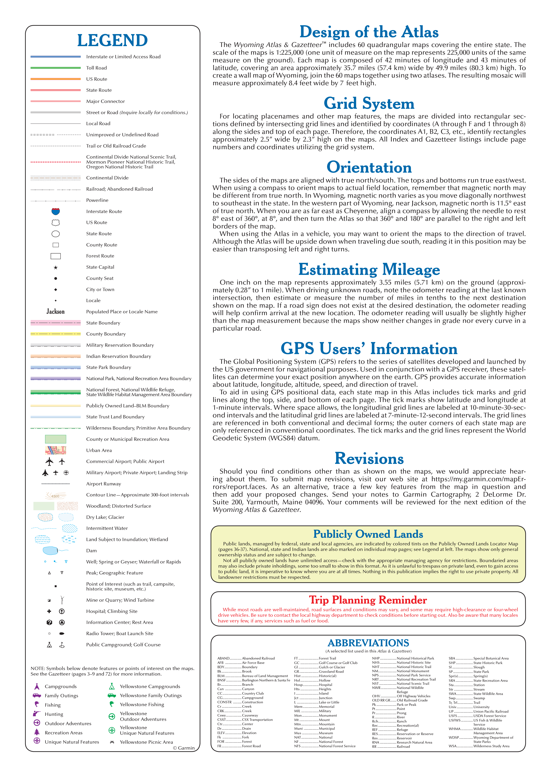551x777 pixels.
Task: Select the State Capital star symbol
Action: [x=56, y=268]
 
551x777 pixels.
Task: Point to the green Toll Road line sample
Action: [x=56, y=68]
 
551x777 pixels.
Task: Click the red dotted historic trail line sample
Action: [x=56, y=162]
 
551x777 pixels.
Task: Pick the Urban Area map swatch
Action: [x=56, y=450]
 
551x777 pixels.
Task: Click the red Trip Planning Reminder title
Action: [x=368, y=600]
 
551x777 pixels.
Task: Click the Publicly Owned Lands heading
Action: [x=368, y=534]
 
